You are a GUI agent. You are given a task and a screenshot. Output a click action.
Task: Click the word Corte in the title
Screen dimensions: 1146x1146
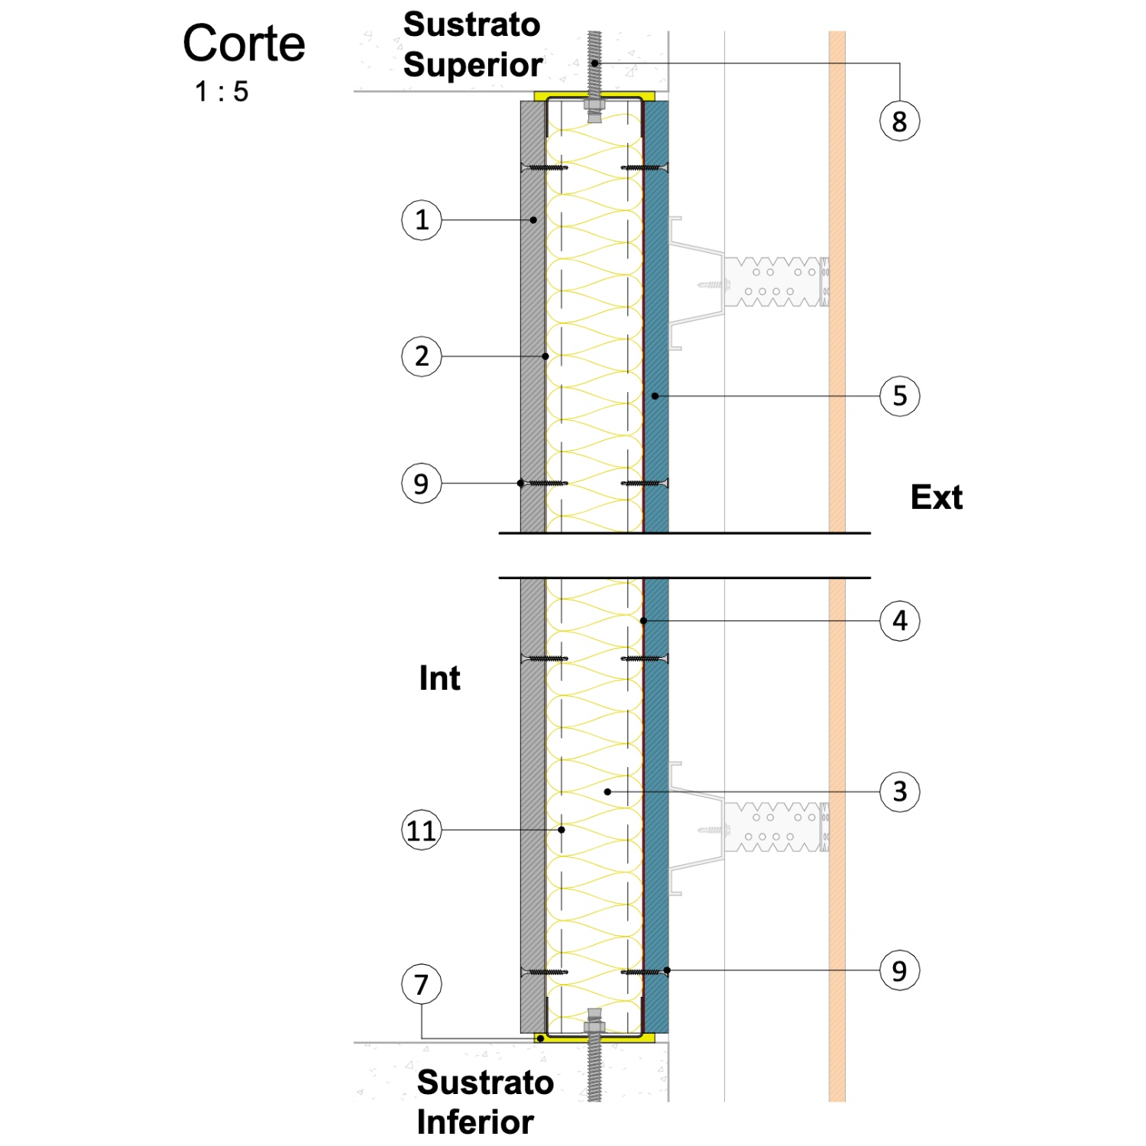(244, 44)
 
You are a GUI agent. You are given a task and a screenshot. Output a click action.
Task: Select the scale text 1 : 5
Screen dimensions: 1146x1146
(222, 92)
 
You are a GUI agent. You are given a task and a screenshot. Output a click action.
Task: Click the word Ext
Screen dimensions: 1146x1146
(937, 497)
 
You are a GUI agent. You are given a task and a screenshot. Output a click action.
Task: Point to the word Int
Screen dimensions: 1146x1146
(439, 678)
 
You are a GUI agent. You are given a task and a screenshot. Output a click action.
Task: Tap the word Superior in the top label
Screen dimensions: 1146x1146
(473, 65)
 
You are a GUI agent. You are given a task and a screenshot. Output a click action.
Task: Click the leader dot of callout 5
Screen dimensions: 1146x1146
(655, 396)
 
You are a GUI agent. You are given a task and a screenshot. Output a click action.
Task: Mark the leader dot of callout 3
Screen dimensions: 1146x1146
(607, 792)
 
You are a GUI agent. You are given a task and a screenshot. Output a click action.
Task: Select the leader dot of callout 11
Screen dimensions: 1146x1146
(562, 830)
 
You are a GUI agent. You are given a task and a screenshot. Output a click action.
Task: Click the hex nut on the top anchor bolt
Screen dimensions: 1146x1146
(594, 105)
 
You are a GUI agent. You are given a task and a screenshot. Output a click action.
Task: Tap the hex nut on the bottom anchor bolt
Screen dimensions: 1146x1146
(594, 1026)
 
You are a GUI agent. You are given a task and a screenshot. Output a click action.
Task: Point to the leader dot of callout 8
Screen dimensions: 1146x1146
(594, 63)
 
